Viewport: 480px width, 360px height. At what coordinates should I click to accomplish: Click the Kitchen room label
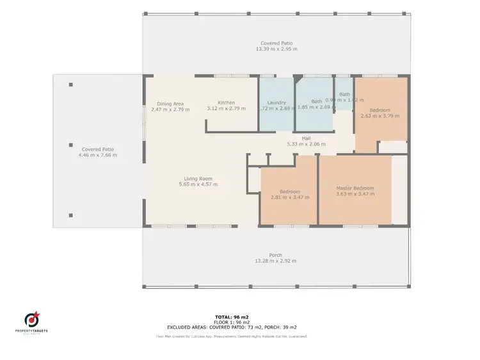pyautogui.click(x=226, y=102)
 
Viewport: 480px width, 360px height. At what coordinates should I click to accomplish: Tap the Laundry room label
pyautogui.click(x=276, y=102)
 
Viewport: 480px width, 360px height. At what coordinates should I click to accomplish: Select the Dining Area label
pyautogui.click(x=170, y=103)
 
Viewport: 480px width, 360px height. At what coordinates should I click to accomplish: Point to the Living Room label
pyautogui.click(x=198, y=179)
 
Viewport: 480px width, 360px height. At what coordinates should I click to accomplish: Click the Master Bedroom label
pyautogui.click(x=355, y=188)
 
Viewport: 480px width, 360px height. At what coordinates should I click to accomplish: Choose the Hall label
pyautogui.click(x=306, y=138)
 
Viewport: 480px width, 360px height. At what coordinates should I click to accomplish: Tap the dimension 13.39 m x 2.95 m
pyautogui.click(x=276, y=49)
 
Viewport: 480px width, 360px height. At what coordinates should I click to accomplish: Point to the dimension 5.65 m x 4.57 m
pyautogui.click(x=198, y=184)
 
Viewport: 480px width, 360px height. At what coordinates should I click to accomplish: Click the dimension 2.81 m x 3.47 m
pyautogui.click(x=289, y=197)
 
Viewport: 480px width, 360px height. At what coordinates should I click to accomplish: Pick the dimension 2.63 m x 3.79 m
pyautogui.click(x=380, y=116)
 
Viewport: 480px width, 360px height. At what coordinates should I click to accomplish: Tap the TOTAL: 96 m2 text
pyautogui.click(x=230, y=317)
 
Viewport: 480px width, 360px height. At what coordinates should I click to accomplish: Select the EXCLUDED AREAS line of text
pyautogui.click(x=230, y=327)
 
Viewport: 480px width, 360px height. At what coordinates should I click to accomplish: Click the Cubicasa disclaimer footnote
pyautogui.click(x=230, y=336)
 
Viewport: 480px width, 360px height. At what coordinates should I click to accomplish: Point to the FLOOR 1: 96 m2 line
pyautogui.click(x=230, y=322)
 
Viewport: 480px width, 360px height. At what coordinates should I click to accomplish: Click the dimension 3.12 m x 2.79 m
pyautogui.click(x=226, y=109)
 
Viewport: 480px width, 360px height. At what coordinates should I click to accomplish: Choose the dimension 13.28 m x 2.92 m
pyautogui.click(x=276, y=261)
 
